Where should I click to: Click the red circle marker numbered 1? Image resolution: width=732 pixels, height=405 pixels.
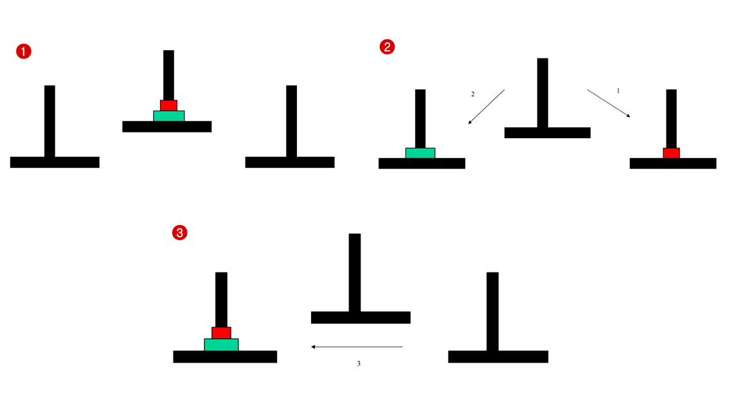pos(24,52)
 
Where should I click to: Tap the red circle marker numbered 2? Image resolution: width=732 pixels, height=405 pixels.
pos(388,46)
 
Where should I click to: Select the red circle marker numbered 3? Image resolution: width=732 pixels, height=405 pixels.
pos(180,233)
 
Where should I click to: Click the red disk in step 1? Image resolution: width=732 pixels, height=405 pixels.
pos(168,105)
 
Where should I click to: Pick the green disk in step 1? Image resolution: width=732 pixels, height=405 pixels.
pos(168,116)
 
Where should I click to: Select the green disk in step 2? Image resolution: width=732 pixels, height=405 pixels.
pos(420,153)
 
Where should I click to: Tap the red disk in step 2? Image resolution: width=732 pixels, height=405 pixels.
pos(671,153)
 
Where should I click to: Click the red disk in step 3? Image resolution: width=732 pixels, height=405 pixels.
pos(221,332)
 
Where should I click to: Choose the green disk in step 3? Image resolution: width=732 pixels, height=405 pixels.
pos(221,345)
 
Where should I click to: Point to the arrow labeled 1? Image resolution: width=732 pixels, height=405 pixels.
pos(608,103)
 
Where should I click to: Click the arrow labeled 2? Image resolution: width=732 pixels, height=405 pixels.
pos(486,106)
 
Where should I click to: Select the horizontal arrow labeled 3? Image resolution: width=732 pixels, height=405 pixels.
pos(357,347)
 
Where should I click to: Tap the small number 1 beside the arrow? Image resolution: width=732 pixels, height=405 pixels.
pos(618,91)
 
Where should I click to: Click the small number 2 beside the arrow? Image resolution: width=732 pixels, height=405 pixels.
pos(473,94)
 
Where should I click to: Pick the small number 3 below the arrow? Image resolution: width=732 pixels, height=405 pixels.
pos(359,364)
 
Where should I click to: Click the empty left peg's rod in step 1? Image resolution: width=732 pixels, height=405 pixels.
pos(49,120)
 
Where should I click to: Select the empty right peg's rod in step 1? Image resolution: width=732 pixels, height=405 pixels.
pos(291,120)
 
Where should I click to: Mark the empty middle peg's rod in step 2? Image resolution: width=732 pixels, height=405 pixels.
pos(542,93)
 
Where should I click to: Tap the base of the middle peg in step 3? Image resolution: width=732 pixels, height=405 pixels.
pos(361,318)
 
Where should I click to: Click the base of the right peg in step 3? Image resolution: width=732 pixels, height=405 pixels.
pos(498,357)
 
